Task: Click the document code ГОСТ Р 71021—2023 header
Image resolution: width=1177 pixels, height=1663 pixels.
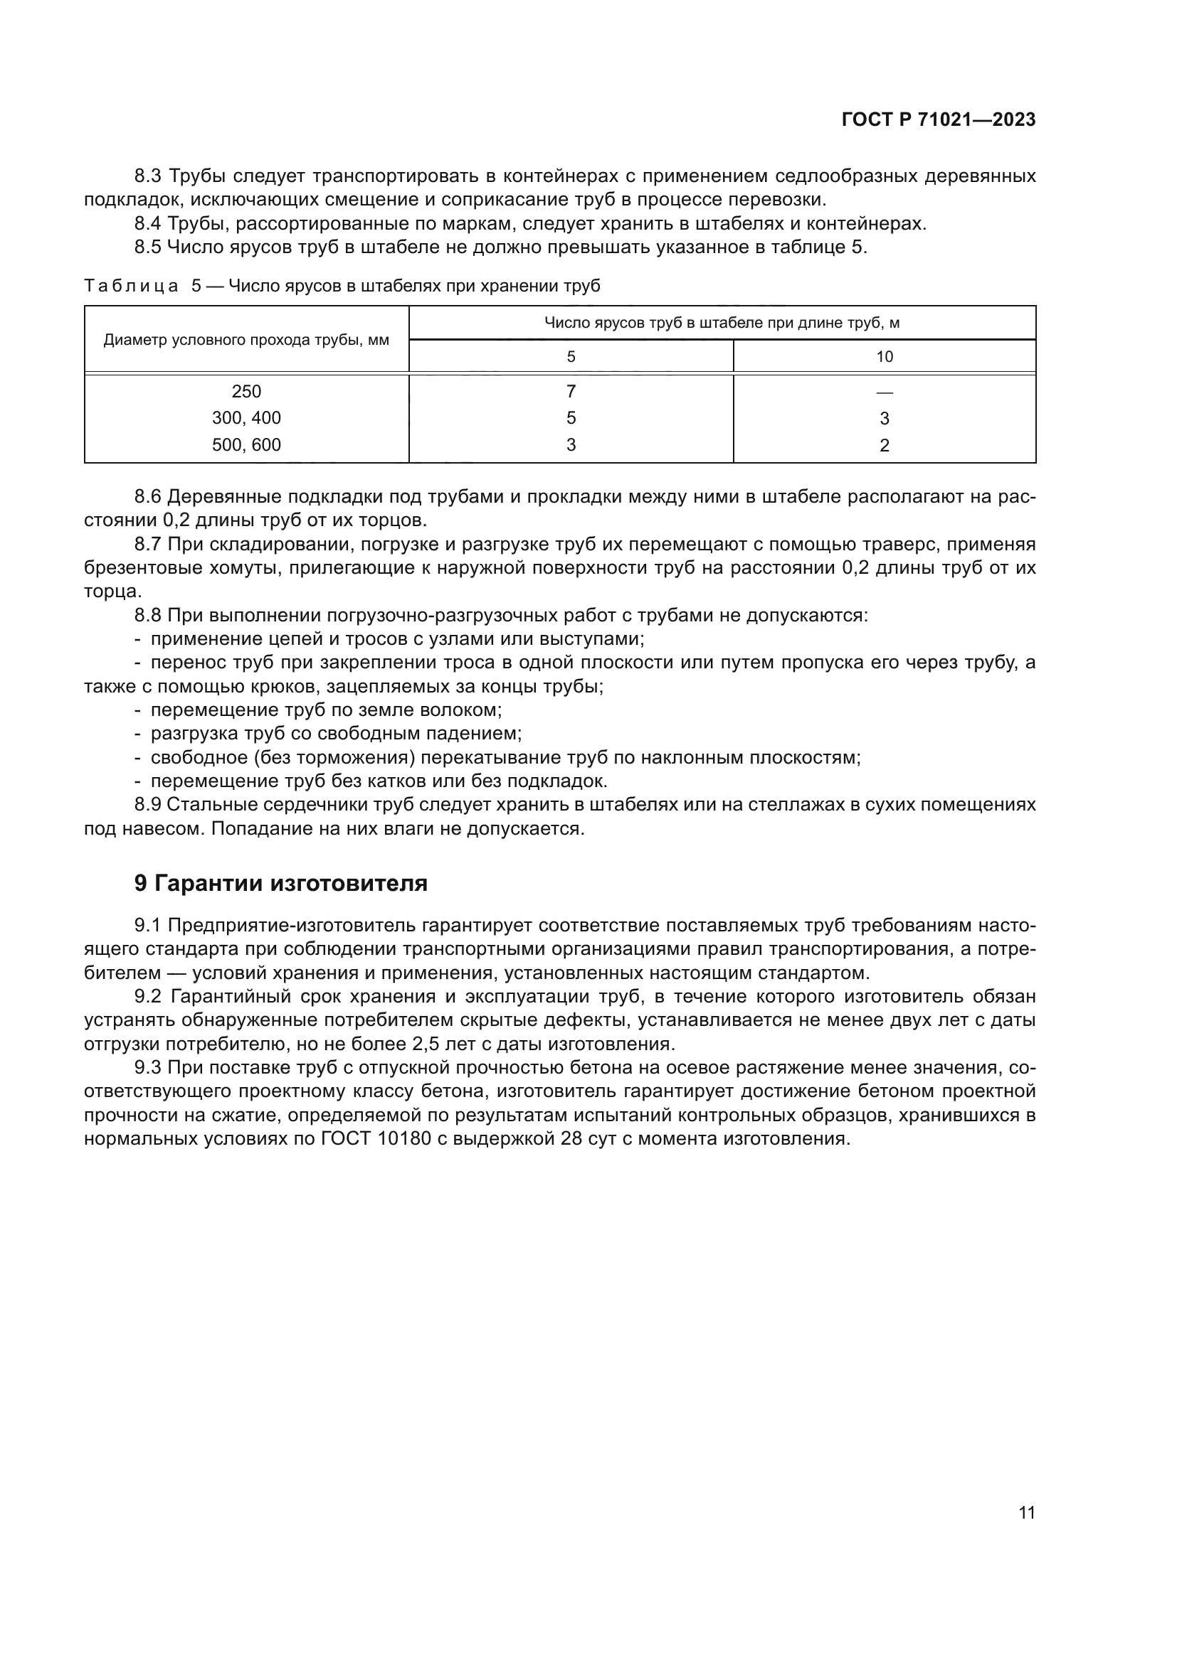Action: tap(939, 120)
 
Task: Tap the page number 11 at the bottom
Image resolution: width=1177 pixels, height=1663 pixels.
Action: tap(1026, 1512)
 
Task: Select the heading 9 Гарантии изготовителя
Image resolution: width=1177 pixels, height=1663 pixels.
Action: tap(281, 884)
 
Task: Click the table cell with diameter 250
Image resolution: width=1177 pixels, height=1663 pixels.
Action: tap(246, 392)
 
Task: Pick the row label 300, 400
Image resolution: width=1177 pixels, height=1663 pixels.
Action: tap(246, 418)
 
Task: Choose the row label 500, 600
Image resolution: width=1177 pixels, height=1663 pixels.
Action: tap(246, 444)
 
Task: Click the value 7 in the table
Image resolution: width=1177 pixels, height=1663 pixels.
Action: tap(571, 392)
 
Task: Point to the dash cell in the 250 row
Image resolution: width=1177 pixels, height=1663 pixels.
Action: tap(885, 392)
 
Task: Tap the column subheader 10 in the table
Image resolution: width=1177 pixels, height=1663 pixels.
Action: tap(885, 357)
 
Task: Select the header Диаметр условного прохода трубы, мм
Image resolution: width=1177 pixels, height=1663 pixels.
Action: tap(246, 341)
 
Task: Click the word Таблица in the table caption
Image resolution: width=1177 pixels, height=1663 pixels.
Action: tap(131, 286)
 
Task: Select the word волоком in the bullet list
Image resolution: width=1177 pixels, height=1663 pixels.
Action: tap(463, 710)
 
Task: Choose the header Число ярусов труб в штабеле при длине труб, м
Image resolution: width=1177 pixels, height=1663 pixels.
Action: tap(722, 323)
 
